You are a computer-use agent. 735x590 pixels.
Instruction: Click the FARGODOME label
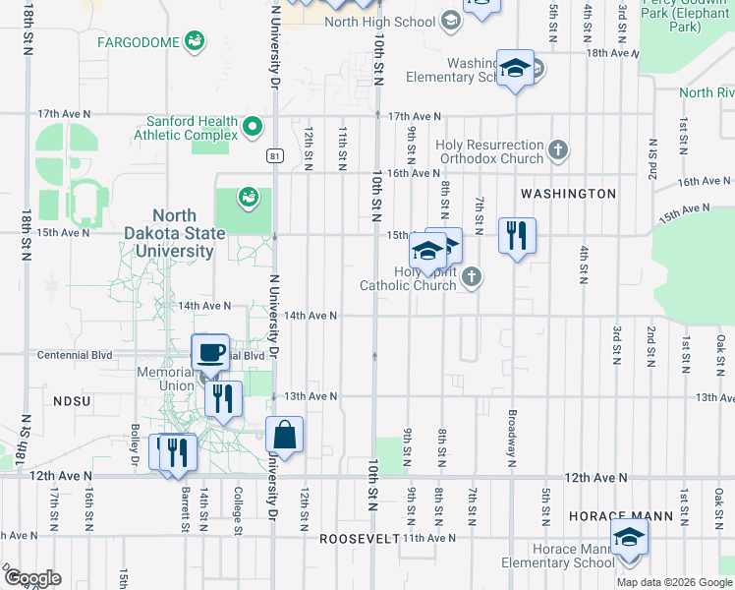click(141, 41)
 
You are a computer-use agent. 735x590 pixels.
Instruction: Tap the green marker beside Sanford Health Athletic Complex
click(253, 126)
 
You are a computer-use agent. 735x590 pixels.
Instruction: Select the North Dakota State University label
click(188, 234)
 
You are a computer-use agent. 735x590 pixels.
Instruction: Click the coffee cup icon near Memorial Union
click(209, 351)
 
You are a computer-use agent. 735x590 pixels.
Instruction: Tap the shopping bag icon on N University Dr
click(284, 434)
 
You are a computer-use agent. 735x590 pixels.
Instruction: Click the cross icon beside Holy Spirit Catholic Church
click(472, 276)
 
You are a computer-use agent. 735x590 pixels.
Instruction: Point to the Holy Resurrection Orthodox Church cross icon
click(558, 150)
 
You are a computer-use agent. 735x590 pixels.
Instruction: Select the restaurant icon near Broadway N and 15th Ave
click(516, 235)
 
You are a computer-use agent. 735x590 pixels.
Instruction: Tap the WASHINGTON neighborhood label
click(568, 194)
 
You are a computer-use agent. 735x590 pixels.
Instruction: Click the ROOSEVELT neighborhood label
click(360, 539)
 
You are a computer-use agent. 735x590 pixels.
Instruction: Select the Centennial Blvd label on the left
click(75, 355)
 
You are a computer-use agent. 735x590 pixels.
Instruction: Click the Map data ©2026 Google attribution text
click(674, 582)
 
